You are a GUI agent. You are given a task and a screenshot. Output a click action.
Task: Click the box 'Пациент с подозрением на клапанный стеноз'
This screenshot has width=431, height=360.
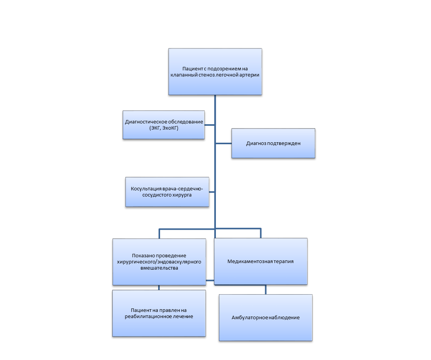(x=215, y=72)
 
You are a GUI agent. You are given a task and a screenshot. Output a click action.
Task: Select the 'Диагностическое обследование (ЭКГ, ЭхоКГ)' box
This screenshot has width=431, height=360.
(x=164, y=125)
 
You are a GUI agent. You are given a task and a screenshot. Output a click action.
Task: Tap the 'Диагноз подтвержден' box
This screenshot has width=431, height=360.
(x=273, y=143)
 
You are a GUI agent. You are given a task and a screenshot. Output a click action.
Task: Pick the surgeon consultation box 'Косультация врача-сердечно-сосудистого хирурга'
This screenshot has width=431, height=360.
(x=167, y=192)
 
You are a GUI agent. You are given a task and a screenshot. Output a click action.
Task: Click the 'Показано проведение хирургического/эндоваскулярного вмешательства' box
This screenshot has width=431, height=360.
(x=159, y=262)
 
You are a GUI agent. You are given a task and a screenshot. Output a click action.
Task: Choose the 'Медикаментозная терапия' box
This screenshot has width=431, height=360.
(x=261, y=261)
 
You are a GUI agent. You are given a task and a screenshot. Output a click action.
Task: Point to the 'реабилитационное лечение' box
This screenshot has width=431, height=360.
(x=159, y=313)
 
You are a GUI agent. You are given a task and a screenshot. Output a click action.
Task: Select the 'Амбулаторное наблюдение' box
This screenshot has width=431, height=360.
(x=266, y=318)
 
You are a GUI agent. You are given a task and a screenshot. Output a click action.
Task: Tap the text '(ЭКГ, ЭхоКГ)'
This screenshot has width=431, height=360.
(x=164, y=128)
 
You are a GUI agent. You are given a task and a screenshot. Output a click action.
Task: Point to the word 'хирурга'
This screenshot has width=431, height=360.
(x=182, y=195)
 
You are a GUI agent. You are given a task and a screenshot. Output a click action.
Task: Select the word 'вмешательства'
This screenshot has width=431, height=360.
(x=159, y=268)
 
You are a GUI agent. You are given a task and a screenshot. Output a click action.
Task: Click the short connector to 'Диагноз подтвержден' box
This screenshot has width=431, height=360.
(x=224, y=143)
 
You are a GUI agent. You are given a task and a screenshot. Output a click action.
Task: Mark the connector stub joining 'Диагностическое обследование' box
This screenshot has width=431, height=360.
(x=209, y=125)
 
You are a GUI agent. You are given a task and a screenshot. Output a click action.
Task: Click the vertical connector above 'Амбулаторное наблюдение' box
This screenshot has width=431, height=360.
(x=266, y=290)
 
